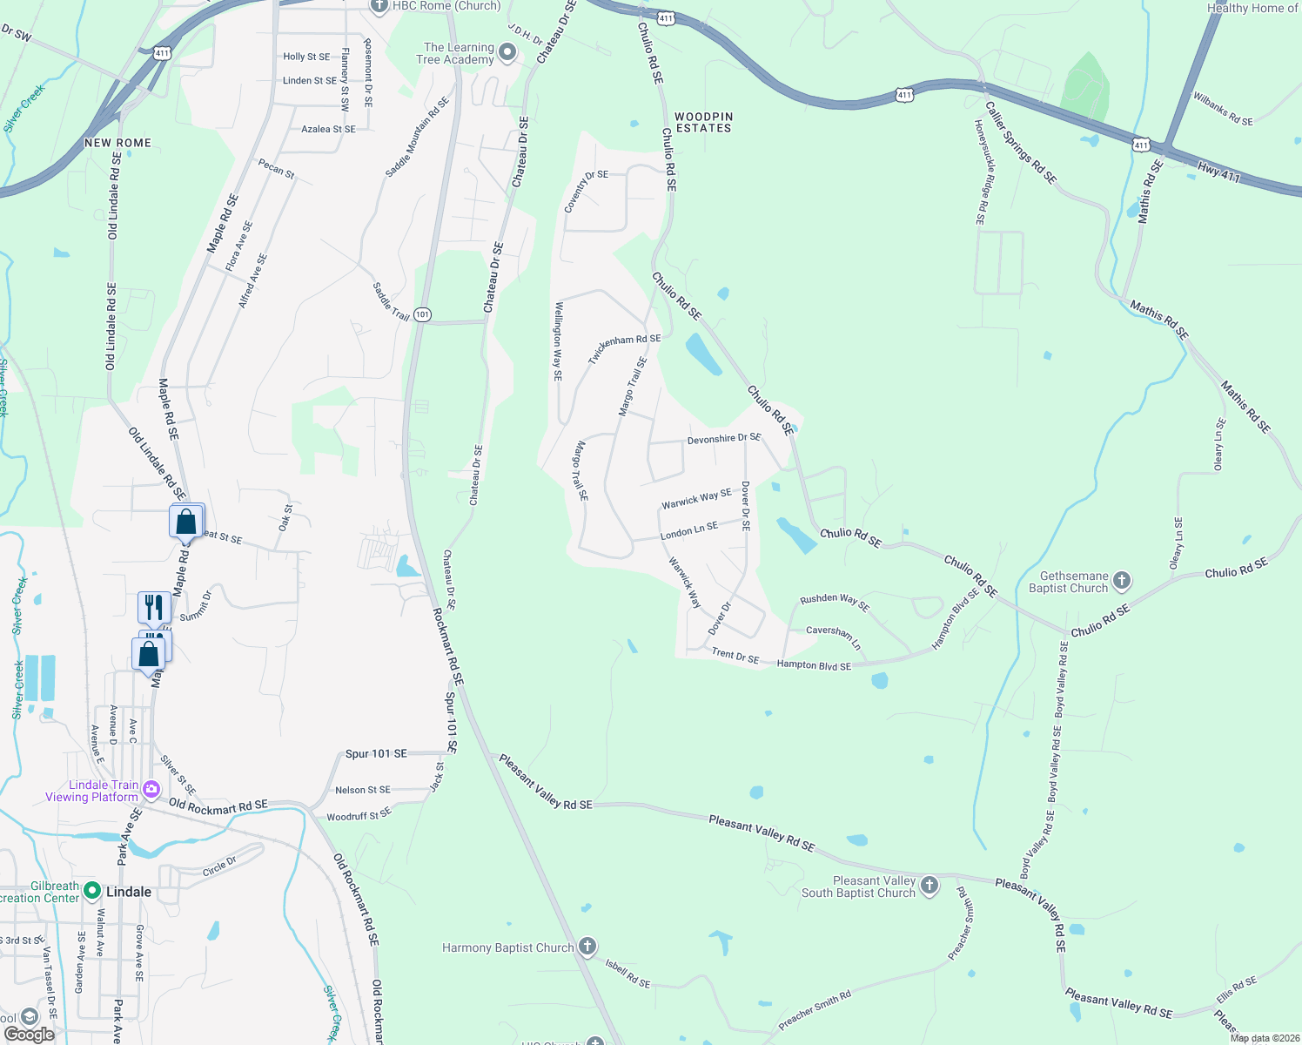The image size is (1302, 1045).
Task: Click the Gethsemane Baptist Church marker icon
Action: click(1122, 581)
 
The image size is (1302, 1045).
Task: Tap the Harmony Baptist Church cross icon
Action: click(587, 947)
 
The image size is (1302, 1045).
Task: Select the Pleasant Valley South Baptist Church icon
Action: click(930, 886)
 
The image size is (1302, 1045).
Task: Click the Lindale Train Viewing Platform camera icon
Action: click(151, 790)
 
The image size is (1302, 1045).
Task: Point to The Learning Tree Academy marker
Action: click(507, 53)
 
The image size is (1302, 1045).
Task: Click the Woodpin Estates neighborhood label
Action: click(704, 122)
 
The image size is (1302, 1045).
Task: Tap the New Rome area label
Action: click(118, 143)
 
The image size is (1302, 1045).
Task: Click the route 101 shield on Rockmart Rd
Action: click(422, 314)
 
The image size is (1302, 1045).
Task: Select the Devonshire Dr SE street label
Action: click(724, 439)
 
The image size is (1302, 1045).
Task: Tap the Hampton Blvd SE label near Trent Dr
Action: click(814, 665)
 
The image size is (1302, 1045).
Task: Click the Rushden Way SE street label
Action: click(835, 601)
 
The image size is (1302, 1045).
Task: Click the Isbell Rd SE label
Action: click(628, 974)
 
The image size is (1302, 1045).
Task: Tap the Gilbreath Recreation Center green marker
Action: click(92, 892)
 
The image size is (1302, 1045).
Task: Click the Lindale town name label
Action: click(129, 892)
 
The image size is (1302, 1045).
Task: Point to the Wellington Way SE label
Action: click(558, 341)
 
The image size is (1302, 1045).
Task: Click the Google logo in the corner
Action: click(29, 1034)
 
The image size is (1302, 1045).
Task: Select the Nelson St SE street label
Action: click(363, 790)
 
